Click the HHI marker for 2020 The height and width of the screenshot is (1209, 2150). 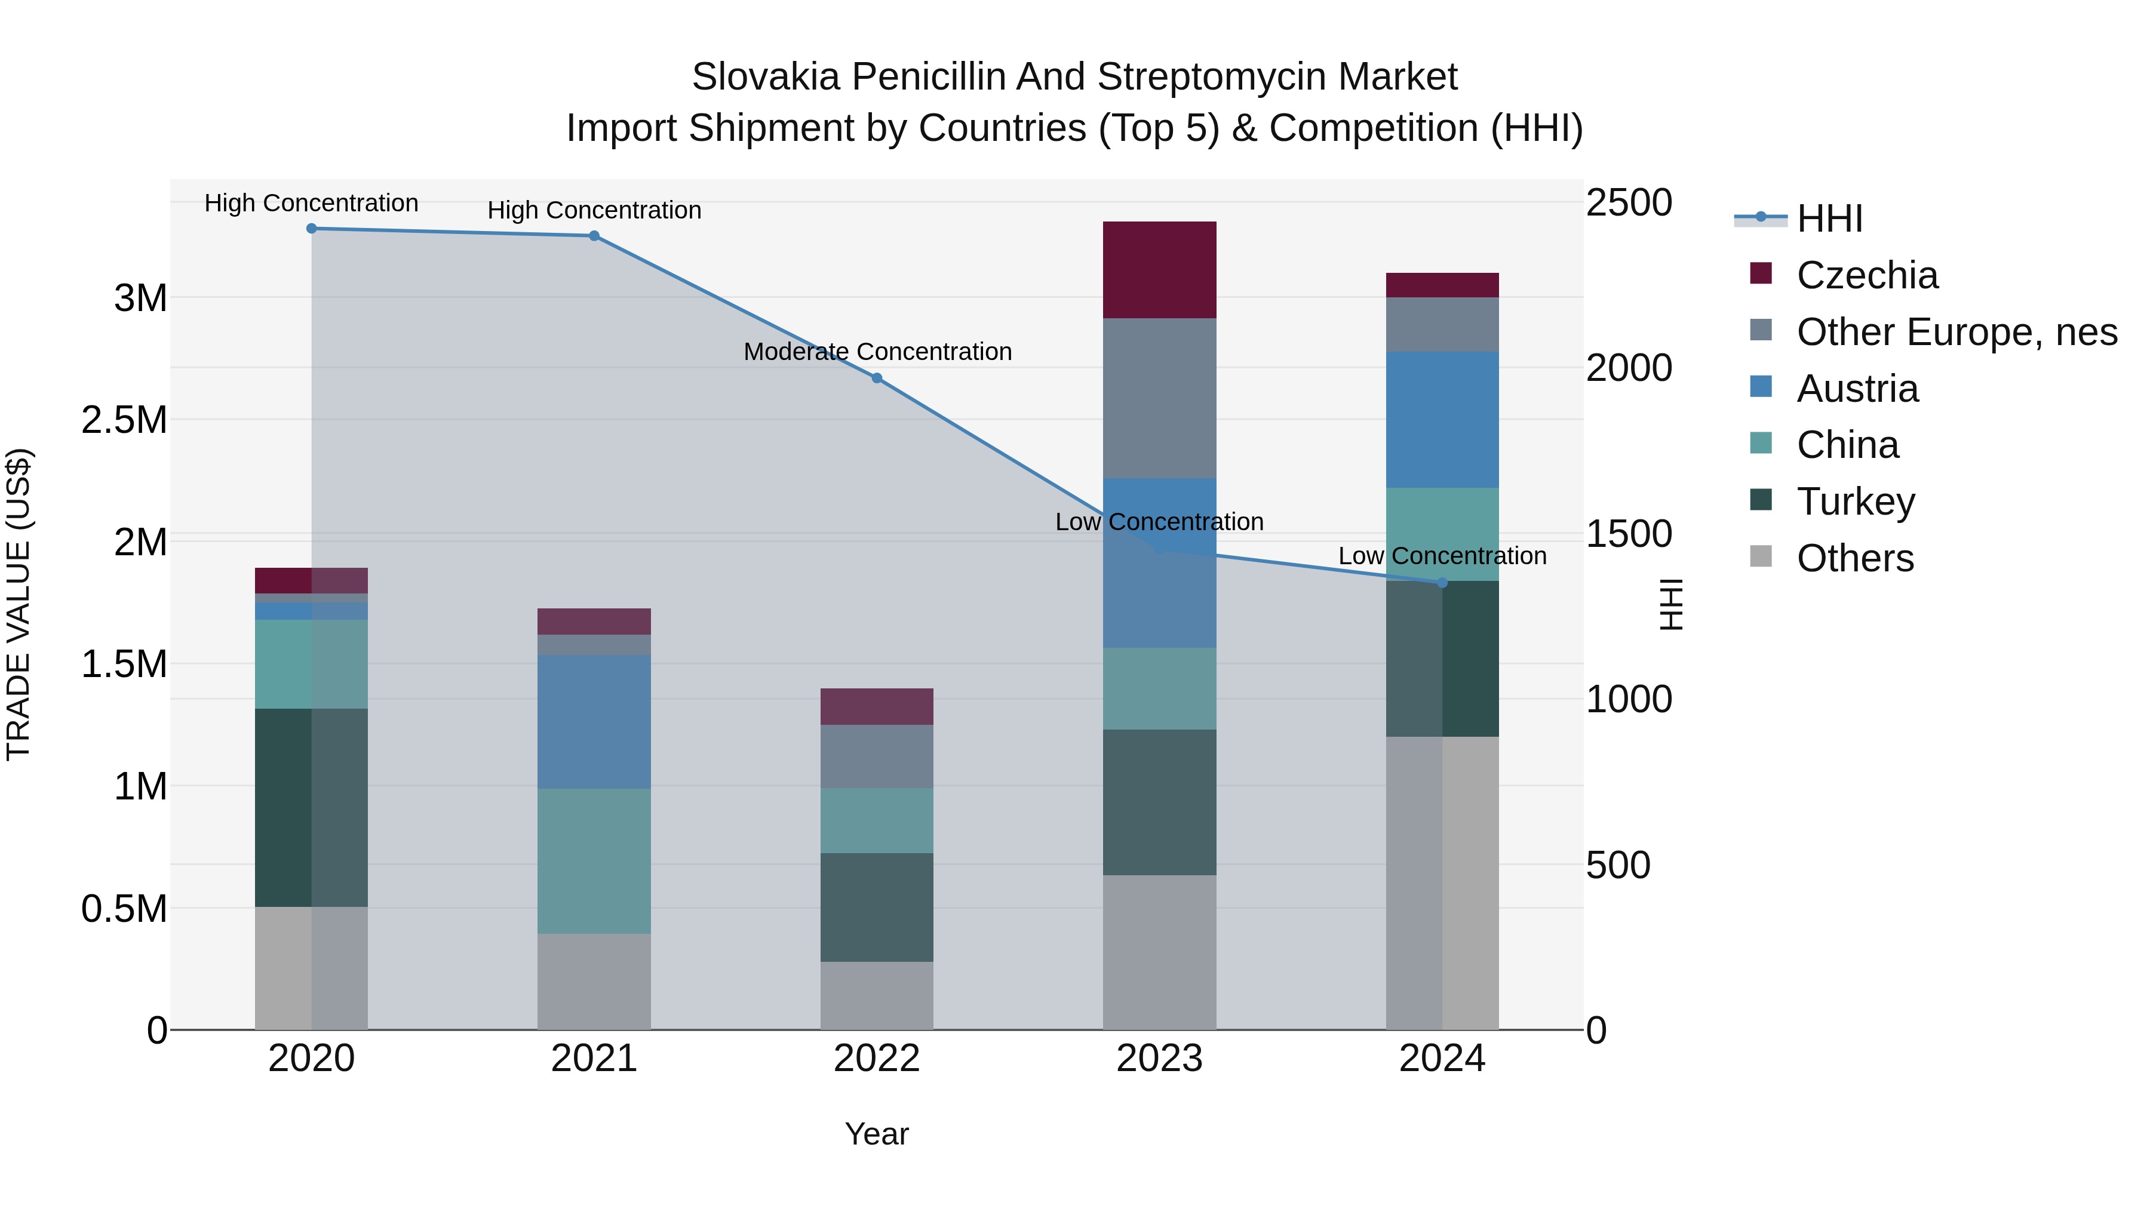(311, 229)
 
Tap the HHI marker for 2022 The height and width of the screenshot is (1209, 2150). (876, 379)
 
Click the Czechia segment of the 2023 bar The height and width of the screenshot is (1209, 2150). (1159, 269)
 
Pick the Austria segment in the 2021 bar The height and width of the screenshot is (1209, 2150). (594, 722)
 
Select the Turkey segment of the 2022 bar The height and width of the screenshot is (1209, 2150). (876, 907)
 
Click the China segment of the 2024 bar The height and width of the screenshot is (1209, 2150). (1442, 534)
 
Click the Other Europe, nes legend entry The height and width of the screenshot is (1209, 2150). (1955, 332)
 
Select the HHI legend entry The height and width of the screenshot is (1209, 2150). (1828, 219)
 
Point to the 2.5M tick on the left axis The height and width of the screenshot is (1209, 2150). (124, 420)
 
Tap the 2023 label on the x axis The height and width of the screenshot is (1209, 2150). (1159, 1059)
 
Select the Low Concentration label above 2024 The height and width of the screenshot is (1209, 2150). (1442, 556)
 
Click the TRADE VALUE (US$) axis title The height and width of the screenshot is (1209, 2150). (19, 604)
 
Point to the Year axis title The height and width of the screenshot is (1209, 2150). (876, 1134)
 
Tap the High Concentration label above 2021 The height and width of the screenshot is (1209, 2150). (594, 210)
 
